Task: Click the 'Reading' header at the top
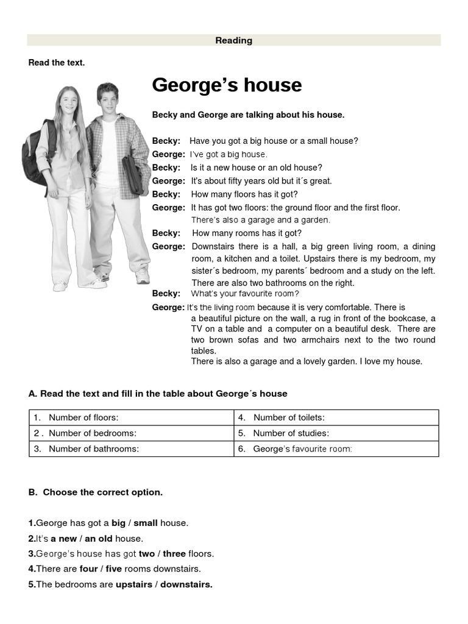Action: click(x=233, y=41)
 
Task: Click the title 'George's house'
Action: click(x=227, y=85)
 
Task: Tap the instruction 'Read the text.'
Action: click(x=57, y=63)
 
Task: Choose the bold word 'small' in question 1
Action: click(x=146, y=523)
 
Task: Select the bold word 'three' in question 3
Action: click(x=174, y=554)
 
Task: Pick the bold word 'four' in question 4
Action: click(x=88, y=569)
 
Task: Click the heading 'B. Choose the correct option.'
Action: click(x=96, y=492)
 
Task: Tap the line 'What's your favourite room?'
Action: click(x=245, y=294)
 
